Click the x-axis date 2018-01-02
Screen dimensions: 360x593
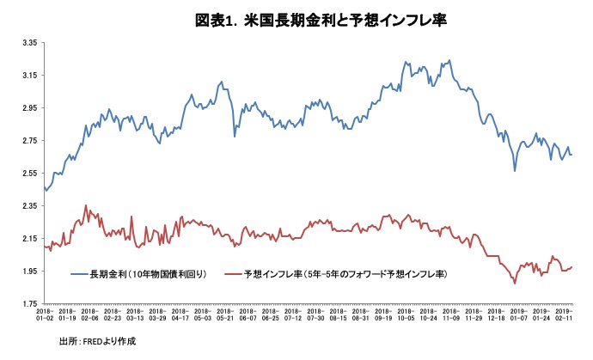pos(45,314)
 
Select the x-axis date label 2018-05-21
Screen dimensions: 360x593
pos(225,314)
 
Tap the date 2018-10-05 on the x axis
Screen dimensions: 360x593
pos(405,314)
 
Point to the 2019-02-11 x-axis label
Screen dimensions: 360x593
pos(564,314)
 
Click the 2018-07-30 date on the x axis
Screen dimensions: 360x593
pos(315,314)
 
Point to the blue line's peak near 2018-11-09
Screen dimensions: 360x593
pos(449,60)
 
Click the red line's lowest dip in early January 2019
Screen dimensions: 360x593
pos(514,283)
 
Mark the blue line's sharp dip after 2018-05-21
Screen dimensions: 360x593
pos(235,136)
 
